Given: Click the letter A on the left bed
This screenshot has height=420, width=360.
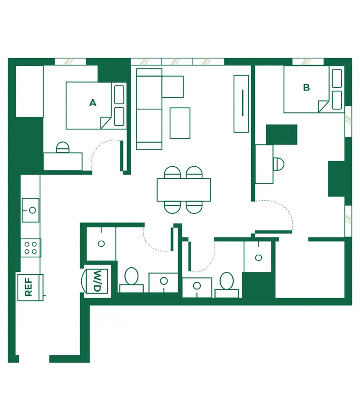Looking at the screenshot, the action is [x=93, y=103].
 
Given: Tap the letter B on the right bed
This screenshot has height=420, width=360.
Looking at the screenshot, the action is [x=306, y=88].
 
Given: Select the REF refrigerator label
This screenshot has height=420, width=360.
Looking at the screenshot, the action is [x=28, y=287].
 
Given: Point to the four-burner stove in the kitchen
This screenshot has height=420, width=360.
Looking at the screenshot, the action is [x=30, y=248].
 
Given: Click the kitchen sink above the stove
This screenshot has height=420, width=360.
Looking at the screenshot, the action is [x=30, y=210].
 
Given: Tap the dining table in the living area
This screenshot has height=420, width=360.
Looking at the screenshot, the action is [x=184, y=190].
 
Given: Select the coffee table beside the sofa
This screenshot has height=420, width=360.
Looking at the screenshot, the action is [x=180, y=123].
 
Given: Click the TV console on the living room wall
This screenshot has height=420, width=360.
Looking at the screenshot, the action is [x=241, y=104].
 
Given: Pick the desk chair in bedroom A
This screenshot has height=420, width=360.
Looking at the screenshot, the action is [x=63, y=147].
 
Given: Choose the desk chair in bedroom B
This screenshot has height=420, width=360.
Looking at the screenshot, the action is [x=278, y=164].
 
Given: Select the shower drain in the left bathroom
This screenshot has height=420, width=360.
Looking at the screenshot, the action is [x=101, y=244].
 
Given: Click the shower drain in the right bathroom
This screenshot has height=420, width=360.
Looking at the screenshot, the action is [x=258, y=258].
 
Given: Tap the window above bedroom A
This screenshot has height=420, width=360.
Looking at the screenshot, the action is [x=70, y=62].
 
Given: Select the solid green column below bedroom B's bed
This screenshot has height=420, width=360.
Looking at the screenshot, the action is [x=282, y=134].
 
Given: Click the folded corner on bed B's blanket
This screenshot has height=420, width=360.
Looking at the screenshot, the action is [x=323, y=106].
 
